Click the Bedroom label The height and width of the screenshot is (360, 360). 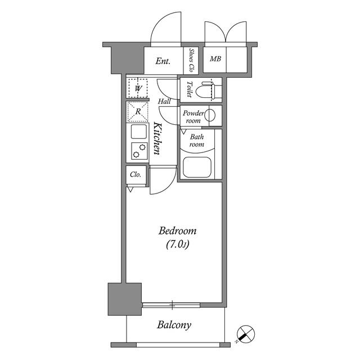point(177,231)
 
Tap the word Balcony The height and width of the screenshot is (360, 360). point(174,325)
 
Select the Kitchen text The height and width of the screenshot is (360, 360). point(157,138)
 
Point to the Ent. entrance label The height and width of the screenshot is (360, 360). point(163,61)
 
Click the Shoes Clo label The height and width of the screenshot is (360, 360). point(191,60)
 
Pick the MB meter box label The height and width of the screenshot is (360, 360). point(215,59)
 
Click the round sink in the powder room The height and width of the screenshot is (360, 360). point(210,115)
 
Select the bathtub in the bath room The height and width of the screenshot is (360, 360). point(197,167)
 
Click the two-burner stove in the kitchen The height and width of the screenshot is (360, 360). point(139,151)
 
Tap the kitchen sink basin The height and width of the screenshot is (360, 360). point(138,132)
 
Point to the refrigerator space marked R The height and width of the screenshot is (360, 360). point(138,111)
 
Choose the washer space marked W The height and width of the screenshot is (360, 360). point(138,88)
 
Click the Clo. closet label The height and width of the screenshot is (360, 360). point(136,175)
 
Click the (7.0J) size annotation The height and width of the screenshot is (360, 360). point(177,244)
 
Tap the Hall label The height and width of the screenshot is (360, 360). point(164,101)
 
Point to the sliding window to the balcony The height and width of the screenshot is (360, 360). point(171,305)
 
